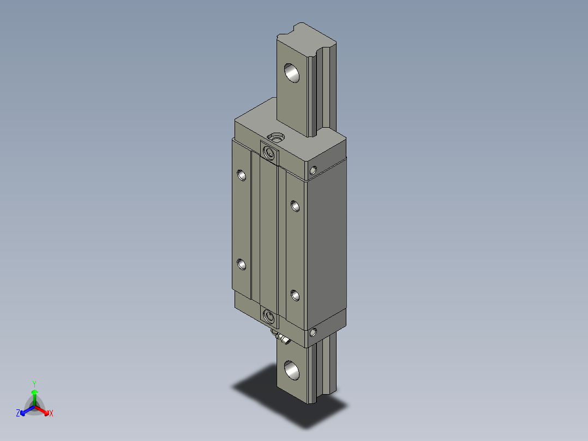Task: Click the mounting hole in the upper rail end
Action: pos(292,73)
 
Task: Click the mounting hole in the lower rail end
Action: pos(292,370)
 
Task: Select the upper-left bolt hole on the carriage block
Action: pos(242,175)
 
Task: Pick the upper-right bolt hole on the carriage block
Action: pos(295,206)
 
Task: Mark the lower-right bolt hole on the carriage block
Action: pos(295,295)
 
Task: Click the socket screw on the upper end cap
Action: pos(268,153)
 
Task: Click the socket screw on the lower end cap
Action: pos(268,315)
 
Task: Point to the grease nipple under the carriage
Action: pos(283,341)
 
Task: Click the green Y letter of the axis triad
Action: pos(34,384)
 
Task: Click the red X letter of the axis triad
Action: pos(51,414)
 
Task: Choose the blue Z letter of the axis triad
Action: pos(18,414)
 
